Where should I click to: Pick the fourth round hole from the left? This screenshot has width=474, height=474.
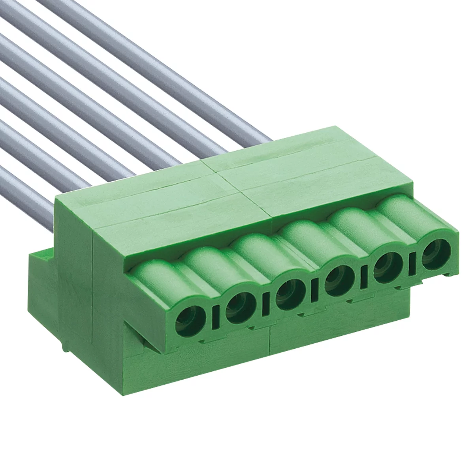point(338,281)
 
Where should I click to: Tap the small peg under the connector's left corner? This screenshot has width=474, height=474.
point(63,348)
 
